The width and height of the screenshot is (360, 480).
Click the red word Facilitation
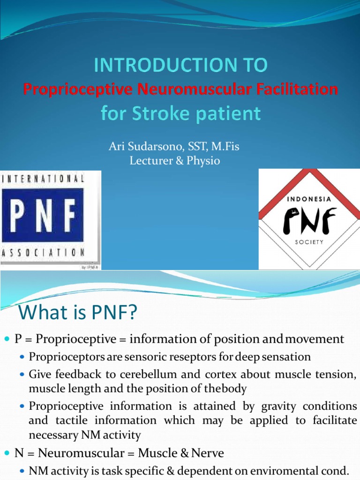pos(299,89)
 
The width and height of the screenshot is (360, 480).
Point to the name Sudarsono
pos(157,147)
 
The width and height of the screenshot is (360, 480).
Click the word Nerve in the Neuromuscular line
pos(207,453)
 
